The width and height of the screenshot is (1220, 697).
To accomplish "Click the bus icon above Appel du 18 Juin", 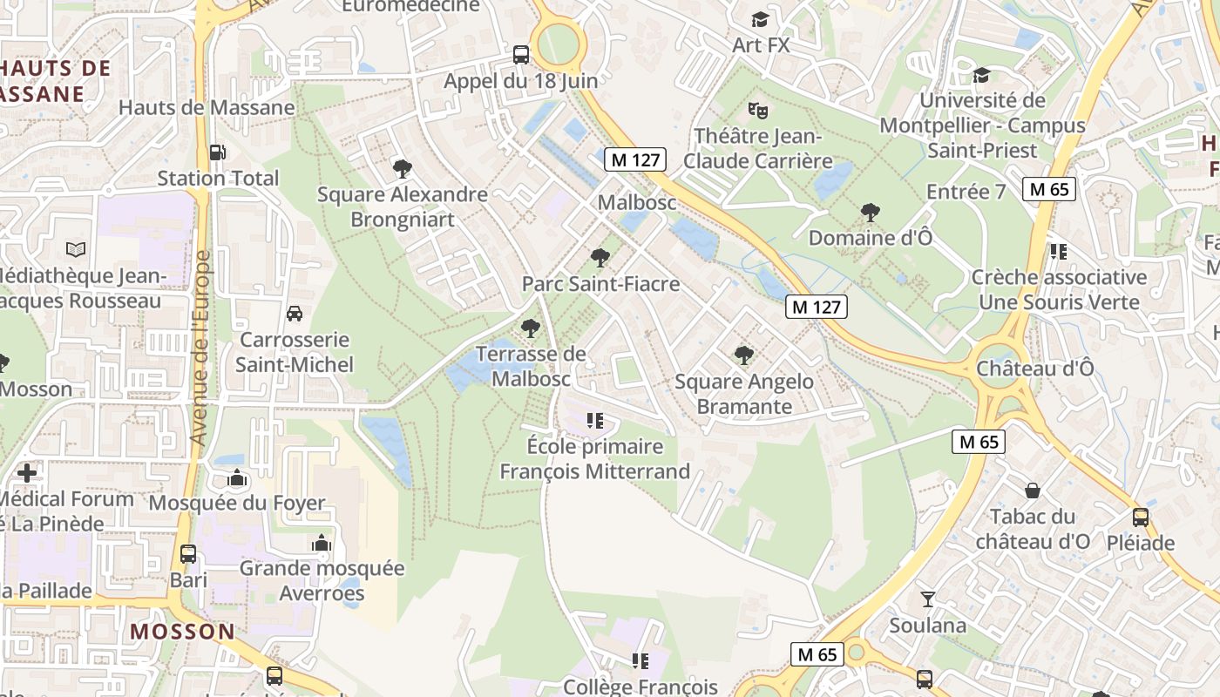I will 521,55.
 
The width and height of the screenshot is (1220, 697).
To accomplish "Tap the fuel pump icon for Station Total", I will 218,152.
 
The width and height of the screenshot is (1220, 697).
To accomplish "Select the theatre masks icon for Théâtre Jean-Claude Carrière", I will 758,111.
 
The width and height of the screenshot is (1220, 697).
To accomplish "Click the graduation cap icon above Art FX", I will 761,19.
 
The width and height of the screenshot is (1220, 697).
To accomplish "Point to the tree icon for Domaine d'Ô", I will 870,212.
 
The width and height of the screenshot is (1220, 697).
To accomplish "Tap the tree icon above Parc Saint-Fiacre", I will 600,258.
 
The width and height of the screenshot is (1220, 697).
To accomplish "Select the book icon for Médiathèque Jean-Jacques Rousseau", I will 76,250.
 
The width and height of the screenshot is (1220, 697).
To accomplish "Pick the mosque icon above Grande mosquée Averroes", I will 322,543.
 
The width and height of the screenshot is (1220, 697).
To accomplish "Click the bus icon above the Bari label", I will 188,554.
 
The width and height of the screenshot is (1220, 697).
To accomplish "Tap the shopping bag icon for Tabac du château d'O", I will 1033,491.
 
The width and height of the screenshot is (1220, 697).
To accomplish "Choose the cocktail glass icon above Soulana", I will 928,599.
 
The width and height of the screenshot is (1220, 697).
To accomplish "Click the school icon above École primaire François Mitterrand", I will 595,421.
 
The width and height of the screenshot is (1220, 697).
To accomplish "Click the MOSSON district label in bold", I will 183,632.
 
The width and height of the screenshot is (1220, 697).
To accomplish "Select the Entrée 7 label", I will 966,192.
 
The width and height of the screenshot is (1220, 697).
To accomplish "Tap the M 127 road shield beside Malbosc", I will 637,159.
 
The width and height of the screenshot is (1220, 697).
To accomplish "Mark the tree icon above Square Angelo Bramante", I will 743,355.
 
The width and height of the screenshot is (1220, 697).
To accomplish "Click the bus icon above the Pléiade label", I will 1141,518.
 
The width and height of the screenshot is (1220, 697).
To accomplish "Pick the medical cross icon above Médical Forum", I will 27,473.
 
